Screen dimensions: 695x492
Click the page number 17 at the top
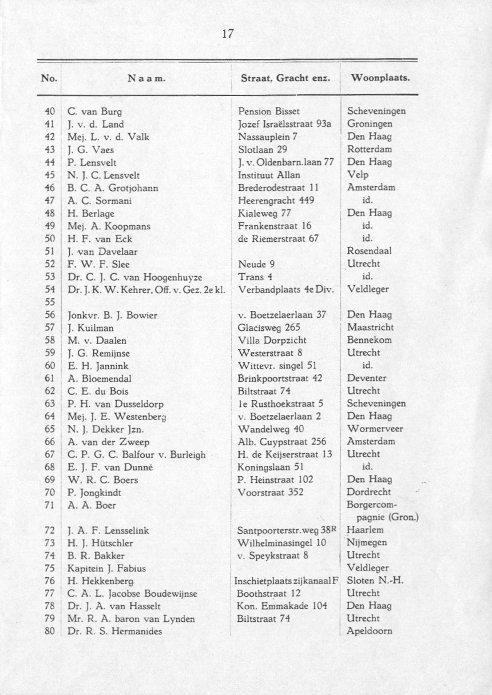pos(228,33)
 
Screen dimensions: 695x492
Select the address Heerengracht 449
pos(269,200)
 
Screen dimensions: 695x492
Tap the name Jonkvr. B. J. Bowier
pos(112,314)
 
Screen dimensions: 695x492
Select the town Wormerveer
pos(375,429)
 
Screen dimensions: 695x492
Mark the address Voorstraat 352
pos(270,492)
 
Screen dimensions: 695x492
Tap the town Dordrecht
pos(369,492)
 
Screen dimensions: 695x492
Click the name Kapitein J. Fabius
pos(106,568)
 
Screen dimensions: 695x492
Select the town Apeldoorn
pos(370,631)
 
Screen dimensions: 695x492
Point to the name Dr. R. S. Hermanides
pos(114,631)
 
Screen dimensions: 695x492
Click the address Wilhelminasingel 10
pos(281,542)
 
